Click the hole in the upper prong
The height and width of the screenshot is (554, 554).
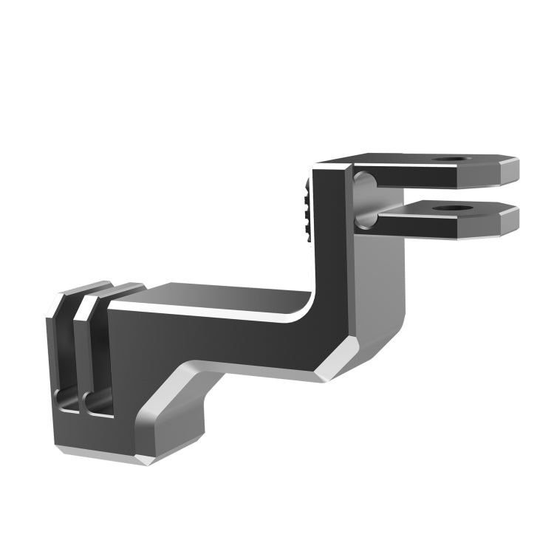[450, 160]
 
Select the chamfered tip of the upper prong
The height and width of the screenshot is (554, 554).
[510, 171]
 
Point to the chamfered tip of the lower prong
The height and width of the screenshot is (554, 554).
[510, 221]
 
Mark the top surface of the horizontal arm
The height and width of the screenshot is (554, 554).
[222, 294]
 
